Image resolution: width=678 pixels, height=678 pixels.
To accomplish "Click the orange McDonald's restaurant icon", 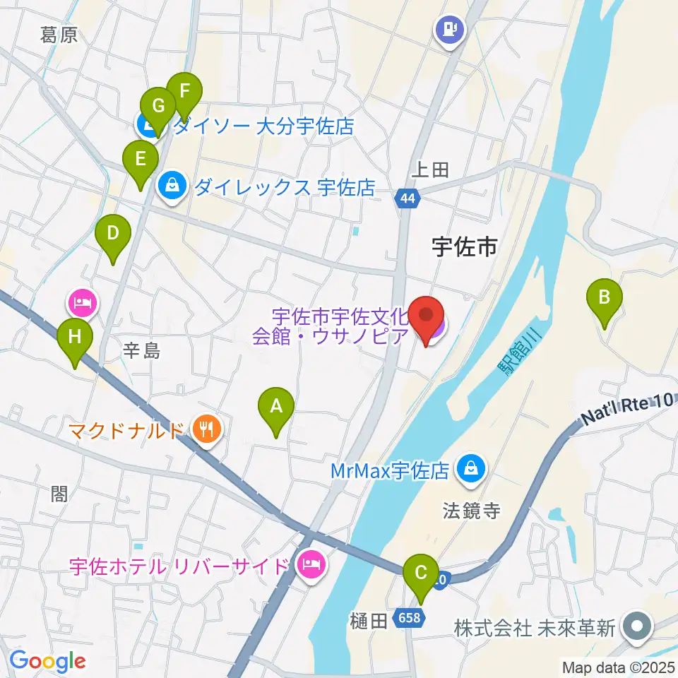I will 206,429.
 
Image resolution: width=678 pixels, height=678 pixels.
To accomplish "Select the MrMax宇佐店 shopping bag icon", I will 469,468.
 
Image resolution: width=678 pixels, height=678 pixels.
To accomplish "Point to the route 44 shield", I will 407,199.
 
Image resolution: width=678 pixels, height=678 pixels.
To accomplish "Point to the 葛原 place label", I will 58,35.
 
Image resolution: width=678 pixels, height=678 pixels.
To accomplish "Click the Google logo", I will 47,662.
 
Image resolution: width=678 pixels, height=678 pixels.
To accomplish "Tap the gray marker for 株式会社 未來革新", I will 638,627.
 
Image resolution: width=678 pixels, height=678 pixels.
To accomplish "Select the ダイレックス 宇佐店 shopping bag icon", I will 171,186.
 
